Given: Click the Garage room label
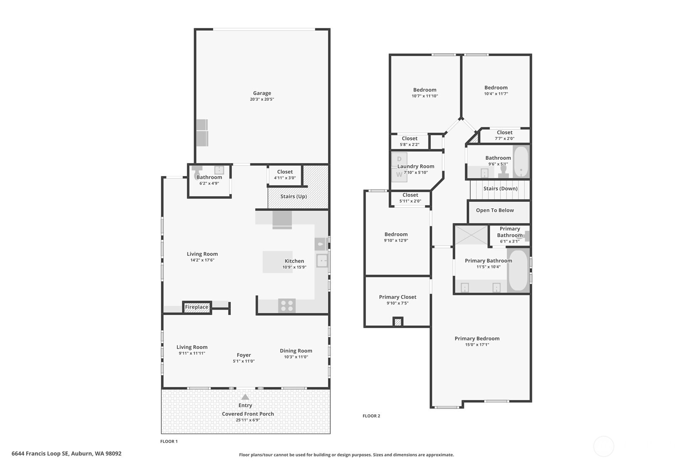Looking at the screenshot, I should (262, 93).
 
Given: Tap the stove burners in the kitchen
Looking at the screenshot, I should (287, 306).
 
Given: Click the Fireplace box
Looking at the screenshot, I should (197, 307).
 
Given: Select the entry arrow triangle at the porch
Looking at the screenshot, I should (245, 397).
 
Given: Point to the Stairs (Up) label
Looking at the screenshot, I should (293, 196).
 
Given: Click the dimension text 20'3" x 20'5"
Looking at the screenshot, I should (262, 99).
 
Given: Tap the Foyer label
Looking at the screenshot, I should (244, 355).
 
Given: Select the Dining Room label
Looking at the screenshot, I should (296, 350).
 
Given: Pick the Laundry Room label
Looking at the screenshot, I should (416, 166).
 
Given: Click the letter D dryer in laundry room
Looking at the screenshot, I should (399, 159).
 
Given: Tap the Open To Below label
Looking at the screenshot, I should (495, 210).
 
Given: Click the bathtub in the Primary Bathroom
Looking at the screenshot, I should (518, 270).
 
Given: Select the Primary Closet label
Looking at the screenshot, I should (397, 297).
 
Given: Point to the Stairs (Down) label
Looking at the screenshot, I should (500, 189).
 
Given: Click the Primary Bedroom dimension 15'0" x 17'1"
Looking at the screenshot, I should (477, 345).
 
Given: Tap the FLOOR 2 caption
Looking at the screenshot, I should (371, 416).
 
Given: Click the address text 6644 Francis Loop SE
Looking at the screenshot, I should (40, 453).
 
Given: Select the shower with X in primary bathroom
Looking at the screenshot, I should (471, 234).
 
